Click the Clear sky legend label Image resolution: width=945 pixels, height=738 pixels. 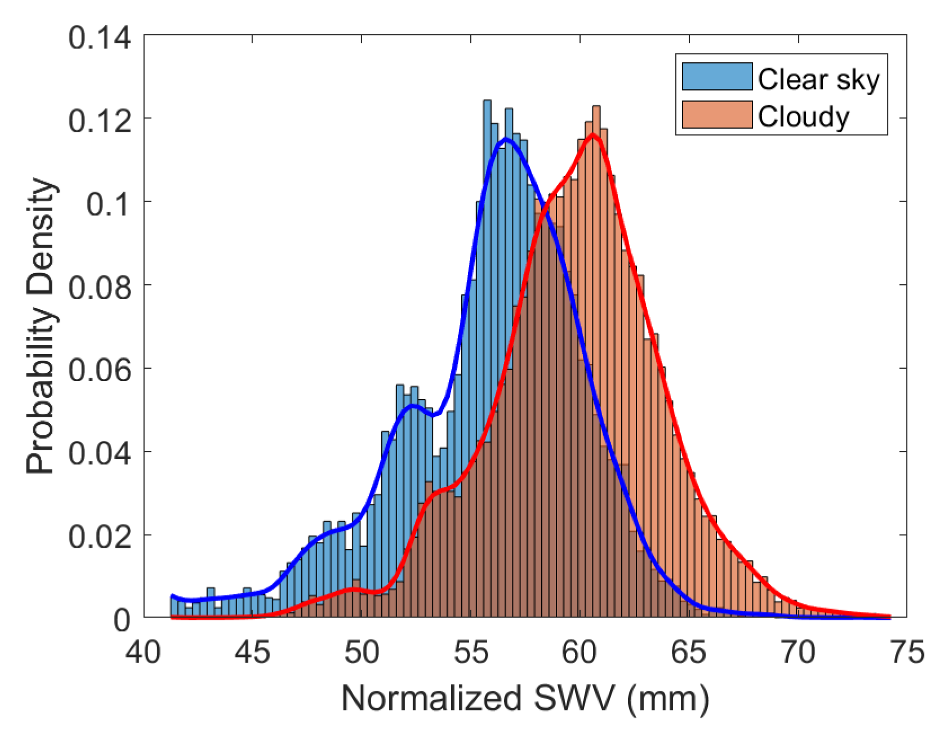tap(818, 79)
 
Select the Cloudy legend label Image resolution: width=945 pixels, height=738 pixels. tap(803, 117)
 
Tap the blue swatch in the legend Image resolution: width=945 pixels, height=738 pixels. tap(717, 77)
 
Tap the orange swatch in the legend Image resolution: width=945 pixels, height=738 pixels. tap(717, 115)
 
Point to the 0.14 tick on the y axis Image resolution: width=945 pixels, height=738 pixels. tap(100, 38)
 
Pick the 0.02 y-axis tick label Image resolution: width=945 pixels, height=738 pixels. tap(100, 537)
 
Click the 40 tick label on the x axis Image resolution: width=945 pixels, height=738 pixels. tap(142, 653)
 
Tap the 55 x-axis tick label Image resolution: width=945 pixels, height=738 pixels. tap(471, 653)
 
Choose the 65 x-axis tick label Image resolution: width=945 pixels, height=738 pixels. tap(689, 653)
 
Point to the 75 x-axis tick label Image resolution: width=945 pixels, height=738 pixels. tap(907, 653)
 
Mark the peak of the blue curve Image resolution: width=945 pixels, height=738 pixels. tap(506, 138)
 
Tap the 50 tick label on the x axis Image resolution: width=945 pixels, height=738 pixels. tap(362, 653)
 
